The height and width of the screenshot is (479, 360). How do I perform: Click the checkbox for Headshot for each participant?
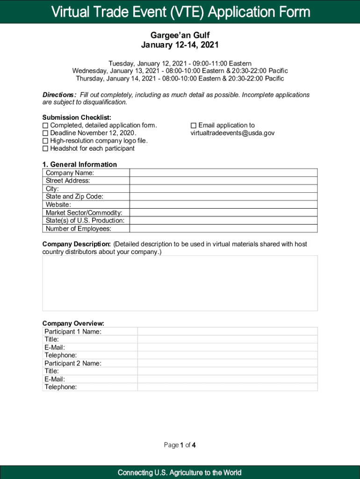tap(45, 149)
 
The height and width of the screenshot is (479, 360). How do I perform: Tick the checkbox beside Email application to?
tap(194, 125)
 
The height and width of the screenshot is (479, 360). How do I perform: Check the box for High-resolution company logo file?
tap(45, 141)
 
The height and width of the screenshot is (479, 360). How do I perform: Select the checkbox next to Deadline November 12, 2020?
tap(45, 133)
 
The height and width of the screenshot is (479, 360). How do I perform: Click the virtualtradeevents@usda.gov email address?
tap(232, 133)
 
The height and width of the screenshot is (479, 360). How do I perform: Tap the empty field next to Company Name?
tap(223, 173)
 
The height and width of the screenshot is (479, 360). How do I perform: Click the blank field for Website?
tap(223, 204)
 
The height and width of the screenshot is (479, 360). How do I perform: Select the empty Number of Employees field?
tap(223, 229)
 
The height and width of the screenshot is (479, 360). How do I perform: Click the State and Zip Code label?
tap(74, 196)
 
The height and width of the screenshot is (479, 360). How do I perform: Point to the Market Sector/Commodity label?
tap(84, 213)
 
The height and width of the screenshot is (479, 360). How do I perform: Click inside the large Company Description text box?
tap(180, 283)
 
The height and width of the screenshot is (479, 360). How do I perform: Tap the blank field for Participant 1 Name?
tap(227, 331)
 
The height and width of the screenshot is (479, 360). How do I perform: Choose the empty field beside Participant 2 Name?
tap(227, 363)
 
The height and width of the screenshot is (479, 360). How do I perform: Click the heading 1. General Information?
tap(79, 164)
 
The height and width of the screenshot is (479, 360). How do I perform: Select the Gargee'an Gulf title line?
tap(180, 36)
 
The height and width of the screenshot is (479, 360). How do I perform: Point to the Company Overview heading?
tap(73, 323)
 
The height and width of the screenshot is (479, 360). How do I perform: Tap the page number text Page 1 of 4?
tap(180, 445)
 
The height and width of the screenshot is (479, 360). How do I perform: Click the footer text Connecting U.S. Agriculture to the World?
tap(180, 472)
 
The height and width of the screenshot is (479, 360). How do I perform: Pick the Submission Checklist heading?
tap(77, 117)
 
